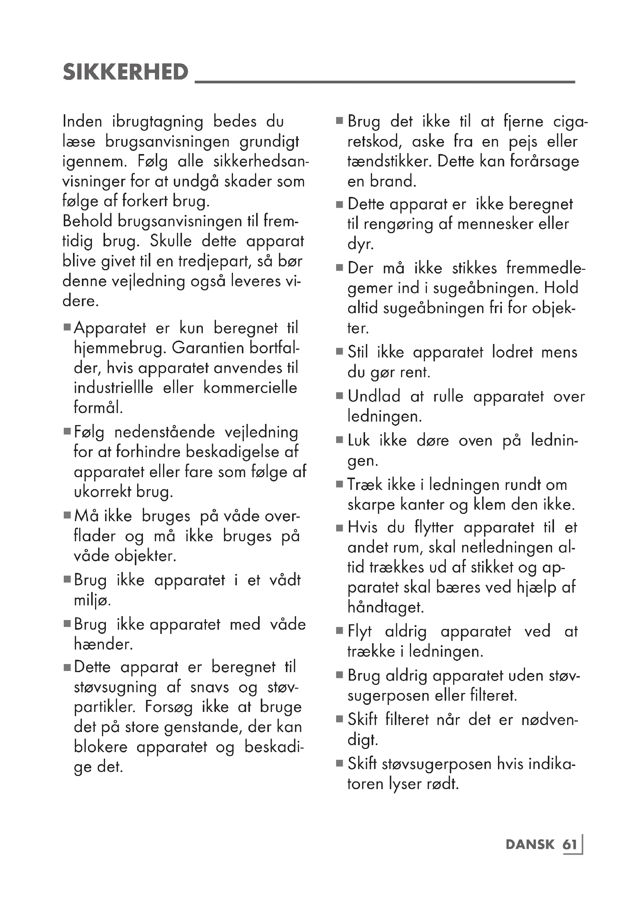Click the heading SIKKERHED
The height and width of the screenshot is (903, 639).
(x=126, y=72)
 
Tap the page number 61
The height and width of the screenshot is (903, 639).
(x=569, y=845)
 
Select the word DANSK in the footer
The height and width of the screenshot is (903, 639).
(x=530, y=845)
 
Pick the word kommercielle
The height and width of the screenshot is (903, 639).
(x=250, y=388)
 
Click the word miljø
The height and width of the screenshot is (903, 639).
(x=92, y=601)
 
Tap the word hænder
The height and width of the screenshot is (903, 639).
(x=103, y=644)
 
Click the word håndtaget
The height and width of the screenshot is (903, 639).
(x=386, y=607)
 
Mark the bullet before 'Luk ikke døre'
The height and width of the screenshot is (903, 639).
(x=340, y=440)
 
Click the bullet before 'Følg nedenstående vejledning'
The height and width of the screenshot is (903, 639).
(x=67, y=432)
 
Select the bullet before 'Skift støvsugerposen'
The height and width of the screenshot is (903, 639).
(x=340, y=764)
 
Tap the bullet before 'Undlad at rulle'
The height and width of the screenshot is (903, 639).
(x=340, y=396)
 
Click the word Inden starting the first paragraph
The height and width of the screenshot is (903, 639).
(x=82, y=122)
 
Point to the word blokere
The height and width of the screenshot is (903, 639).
(x=101, y=747)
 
